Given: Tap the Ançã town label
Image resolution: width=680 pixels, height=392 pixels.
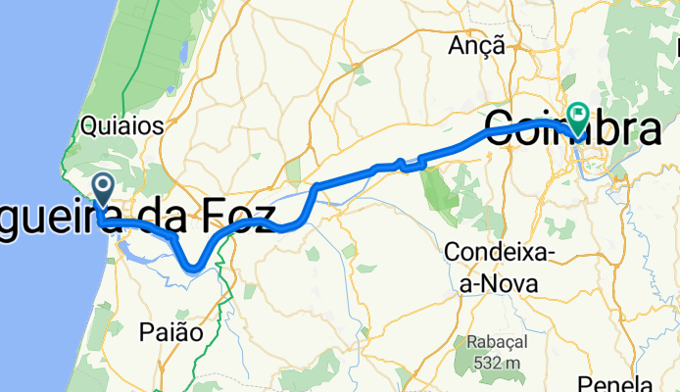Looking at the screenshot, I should pos(476,45).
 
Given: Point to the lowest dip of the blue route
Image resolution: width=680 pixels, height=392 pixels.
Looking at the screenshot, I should pos(195,266).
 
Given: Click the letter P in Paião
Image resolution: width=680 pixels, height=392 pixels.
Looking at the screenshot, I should pos(151,332).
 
